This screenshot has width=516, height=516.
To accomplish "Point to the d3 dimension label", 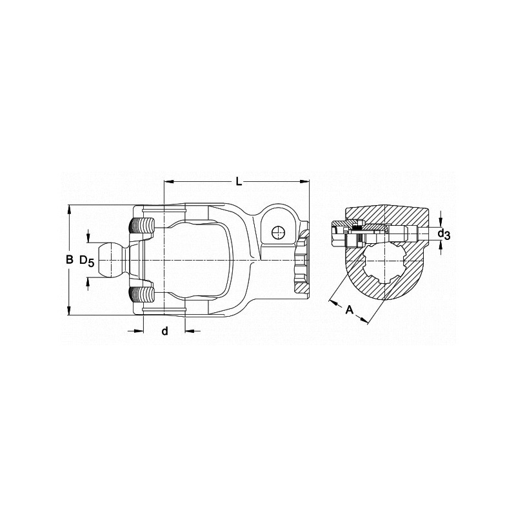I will coord(442,235).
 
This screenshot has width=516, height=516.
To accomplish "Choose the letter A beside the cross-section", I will coord(350,310).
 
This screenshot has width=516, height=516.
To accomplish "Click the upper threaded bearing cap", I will coord(142,226).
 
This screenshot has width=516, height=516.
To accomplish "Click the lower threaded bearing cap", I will coord(142,295).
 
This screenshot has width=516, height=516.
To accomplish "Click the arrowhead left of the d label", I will coord(139,331).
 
